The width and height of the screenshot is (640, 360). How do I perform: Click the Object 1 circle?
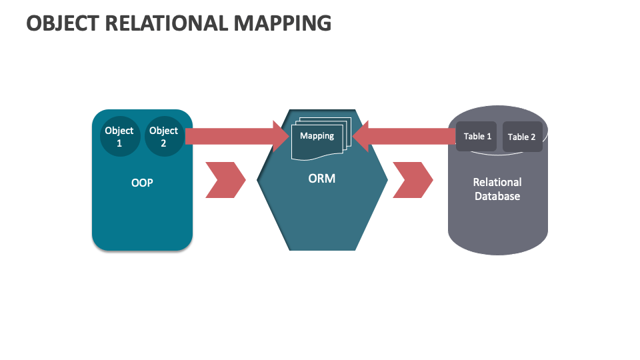point(119,137)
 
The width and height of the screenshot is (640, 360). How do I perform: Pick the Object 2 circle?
point(163,137)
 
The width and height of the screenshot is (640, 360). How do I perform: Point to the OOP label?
point(142,182)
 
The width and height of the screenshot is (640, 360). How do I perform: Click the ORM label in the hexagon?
point(322,179)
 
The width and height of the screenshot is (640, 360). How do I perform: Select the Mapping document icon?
point(319,139)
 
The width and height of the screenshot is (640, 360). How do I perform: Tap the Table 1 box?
point(476,137)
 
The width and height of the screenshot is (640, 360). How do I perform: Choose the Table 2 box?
point(522,137)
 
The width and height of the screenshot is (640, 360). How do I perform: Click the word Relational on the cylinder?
point(497,182)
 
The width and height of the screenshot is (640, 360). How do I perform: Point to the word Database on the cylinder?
point(497,197)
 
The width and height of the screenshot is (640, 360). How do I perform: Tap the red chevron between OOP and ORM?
point(225,179)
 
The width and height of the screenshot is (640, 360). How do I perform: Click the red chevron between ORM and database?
point(412,179)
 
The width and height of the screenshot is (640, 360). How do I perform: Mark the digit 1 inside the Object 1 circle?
point(119,143)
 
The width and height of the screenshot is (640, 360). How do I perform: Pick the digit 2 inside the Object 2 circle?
point(163,143)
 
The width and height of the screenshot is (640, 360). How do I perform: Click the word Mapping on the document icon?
point(317,136)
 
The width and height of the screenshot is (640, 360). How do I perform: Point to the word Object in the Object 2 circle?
point(163,131)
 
